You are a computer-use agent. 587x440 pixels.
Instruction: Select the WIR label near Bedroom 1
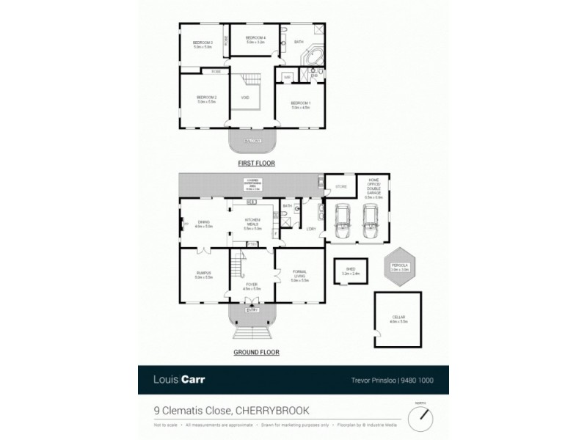288,76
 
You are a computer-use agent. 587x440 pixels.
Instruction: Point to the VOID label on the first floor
244,98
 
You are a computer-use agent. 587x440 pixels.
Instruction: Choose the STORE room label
340,188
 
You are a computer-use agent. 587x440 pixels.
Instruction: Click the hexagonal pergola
400,269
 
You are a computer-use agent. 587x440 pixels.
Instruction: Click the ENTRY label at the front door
251,310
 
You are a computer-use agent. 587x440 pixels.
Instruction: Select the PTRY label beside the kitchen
251,243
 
